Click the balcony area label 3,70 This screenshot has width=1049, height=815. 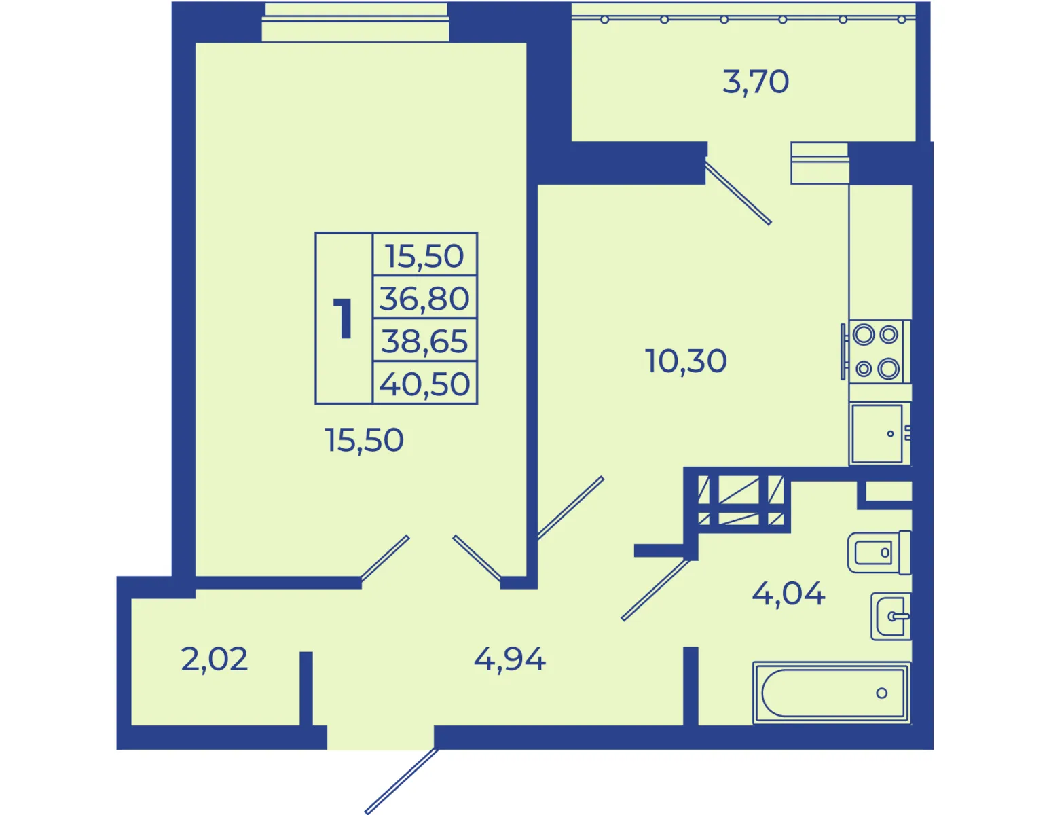(756, 81)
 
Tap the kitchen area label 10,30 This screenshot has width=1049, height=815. (686, 361)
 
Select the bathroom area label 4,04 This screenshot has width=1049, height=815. (788, 594)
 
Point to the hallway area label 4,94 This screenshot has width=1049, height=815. (510, 659)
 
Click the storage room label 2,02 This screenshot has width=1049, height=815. (215, 659)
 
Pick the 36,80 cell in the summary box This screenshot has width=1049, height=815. (424, 298)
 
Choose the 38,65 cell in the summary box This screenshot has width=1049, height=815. (424, 340)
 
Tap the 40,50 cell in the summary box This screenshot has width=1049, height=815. (424, 383)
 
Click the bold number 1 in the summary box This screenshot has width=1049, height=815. (344, 318)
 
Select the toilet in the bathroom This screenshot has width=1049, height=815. (879, 552)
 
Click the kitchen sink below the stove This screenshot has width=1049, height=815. (879, 433)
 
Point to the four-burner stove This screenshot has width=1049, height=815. (877, 352)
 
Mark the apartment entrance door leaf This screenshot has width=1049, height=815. (402, 782)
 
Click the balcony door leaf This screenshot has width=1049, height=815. (738, 193)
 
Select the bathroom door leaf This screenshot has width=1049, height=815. (656, 590)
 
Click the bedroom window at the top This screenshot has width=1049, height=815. (355, 22)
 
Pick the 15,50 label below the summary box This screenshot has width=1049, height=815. (365, 440)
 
